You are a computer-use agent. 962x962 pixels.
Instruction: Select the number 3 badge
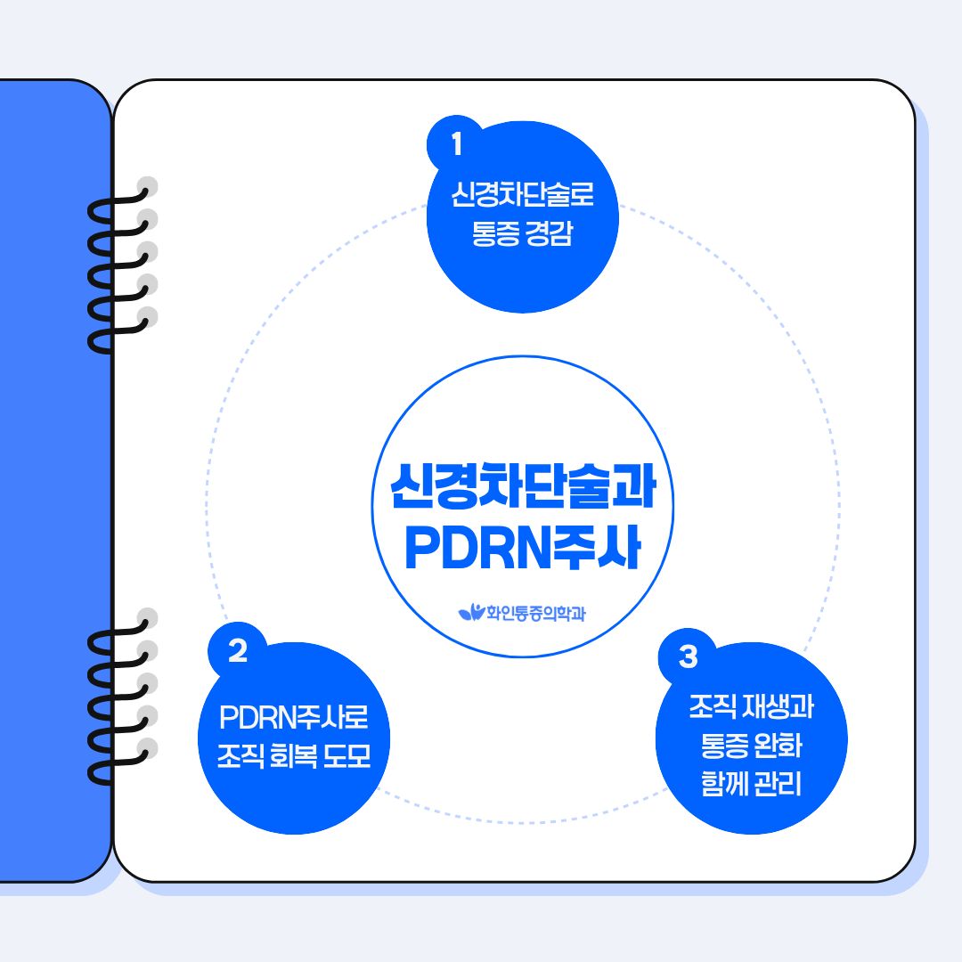(687, 657)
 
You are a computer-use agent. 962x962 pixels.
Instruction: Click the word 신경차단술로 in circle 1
(522, 194)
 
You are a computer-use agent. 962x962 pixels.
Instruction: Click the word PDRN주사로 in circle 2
(293, 717)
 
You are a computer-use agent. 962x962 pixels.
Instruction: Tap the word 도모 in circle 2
(346, 758)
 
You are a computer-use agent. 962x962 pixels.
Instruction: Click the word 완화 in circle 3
(778, 747)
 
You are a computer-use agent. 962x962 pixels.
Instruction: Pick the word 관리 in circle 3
(778, 787)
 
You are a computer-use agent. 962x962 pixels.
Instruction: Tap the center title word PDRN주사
(523, 550)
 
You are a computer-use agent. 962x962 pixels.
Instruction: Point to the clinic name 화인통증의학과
(534, 613)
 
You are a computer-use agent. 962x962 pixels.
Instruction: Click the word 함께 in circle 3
(725, 787)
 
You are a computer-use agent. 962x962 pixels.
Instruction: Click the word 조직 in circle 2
(240, 758)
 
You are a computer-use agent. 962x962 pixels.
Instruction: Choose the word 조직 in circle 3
(713, 709)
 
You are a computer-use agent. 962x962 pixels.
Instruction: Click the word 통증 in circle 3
(725, 747)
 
